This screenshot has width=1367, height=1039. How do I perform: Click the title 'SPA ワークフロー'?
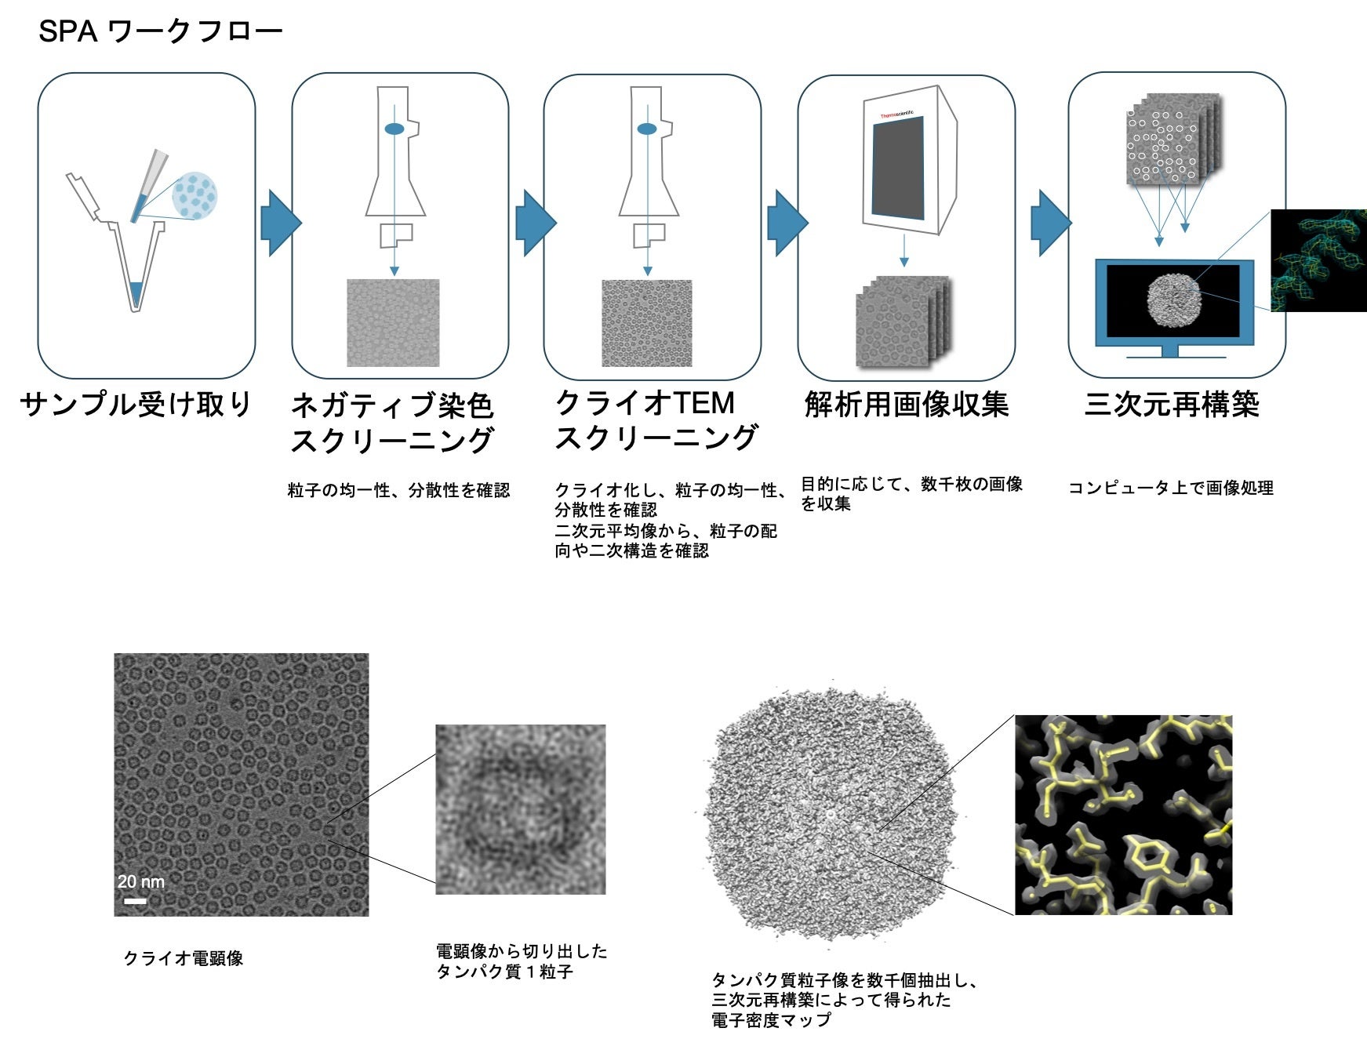tap(160, 31)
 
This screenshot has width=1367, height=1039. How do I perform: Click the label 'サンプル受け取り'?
tap(136, 405)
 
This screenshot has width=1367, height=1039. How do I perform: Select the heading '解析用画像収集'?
tap(906, 405)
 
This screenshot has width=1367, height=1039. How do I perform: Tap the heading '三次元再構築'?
tap(1171, 405)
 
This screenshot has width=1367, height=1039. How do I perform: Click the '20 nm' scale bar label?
tap(141, 881)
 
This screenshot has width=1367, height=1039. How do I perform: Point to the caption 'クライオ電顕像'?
tap(184, 958)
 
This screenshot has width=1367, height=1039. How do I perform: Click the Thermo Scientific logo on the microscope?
tap(896, 114)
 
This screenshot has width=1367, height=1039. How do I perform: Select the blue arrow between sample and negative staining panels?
tap(279, 223)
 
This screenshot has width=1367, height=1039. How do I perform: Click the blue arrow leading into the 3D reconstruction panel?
tap(1049, 223)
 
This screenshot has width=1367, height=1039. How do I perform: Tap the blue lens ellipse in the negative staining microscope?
tap(394, 129)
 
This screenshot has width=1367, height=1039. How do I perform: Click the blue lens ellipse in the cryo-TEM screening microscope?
tap(647, 129)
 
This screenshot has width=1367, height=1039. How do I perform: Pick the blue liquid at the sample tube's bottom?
tap(137, 293)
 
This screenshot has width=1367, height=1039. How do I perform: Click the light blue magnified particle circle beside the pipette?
tap(195, 195)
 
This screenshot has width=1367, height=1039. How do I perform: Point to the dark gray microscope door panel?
tap(898, 168)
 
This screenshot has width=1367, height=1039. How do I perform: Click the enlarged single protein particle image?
tap(521, 809)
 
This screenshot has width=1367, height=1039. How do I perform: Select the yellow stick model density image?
tap(1123, 815)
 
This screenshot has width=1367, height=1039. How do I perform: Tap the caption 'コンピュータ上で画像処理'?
tap(1170, 488)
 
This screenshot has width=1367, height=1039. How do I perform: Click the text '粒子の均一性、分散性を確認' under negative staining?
tap(398, 491)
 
